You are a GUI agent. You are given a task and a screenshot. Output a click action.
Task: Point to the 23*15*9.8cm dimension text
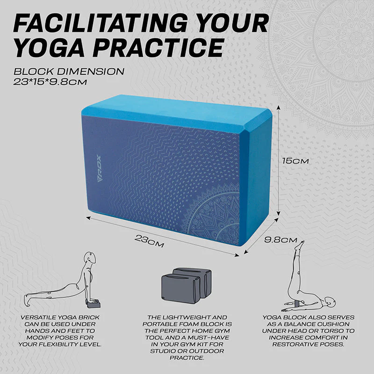(x=50, y=82)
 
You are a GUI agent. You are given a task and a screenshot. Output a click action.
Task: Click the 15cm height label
(x=295, y=161)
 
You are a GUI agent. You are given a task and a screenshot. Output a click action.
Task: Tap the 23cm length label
(x=149, y=241)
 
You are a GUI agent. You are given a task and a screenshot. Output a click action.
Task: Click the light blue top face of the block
(x=177, y=112)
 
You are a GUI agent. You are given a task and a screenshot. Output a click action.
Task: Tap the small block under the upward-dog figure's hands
(x=93, y=304)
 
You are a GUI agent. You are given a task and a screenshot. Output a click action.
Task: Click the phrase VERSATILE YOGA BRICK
(x=60, y=317)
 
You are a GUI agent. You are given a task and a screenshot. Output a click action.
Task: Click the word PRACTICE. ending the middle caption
(x=187, y=358)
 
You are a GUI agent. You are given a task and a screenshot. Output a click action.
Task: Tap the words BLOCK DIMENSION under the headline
(x=69, y=72)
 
